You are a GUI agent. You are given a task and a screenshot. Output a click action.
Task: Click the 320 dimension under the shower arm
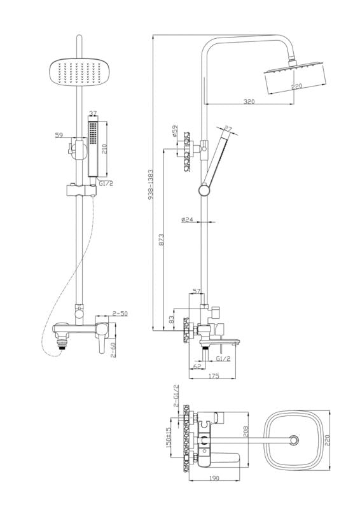point(249,101)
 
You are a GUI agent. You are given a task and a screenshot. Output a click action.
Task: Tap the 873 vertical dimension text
point(162,240)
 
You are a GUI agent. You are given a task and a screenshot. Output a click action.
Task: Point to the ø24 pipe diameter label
point(187,220)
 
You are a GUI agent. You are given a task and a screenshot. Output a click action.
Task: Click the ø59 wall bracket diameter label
point(175,131)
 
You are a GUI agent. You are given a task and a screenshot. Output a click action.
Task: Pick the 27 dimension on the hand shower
point(228,129)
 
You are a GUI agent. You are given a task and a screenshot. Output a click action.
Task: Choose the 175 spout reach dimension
point(213,376)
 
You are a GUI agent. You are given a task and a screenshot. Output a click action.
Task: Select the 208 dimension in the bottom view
point(246,432)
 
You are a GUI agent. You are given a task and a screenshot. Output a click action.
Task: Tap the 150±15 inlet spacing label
point(168,437)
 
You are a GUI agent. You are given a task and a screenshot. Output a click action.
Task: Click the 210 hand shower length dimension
point(104,148)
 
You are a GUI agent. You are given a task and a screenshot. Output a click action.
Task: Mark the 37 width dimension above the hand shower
point(93,113)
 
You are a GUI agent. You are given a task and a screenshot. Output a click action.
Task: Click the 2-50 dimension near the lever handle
point(120,313)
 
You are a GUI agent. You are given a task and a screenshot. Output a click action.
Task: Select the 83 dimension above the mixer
point(172,319)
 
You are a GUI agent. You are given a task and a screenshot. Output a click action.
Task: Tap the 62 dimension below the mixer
point(197,366)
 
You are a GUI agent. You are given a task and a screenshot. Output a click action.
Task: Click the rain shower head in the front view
point(78,72)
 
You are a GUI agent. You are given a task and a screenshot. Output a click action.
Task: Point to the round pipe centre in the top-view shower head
point(294,440)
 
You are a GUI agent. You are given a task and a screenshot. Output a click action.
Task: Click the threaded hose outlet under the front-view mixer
point(62,343)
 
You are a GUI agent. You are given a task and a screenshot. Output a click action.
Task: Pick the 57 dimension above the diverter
point(197,291)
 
